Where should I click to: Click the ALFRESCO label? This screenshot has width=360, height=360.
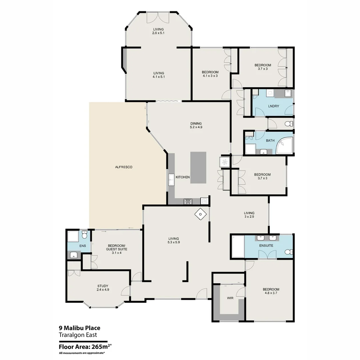pyautogui.click(x=124, y=167)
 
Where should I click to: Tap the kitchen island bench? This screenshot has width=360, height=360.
pyautogui.click(x=198, y=167)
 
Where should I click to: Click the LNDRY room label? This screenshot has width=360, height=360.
pyautogui.click(x=273, y=106)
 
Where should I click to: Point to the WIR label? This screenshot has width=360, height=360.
pyautogui.click(x=230, y=298)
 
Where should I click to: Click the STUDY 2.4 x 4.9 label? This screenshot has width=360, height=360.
pyautogui.click(x=103, y=288)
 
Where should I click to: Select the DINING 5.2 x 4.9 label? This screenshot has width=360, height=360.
pyautogui.click(x=196, y=125)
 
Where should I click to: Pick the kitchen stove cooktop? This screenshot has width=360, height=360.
pyautogui.click(x=188, y=201)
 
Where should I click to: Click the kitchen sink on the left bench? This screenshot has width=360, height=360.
pyautogui.click(x=171, y=179)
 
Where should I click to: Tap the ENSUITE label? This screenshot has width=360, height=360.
pyautogui.click(x=266, y=246)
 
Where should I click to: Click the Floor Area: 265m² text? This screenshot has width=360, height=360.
pyautogui.click(x=85, y=346)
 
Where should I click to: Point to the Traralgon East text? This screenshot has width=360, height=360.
pyautogui.click(x=78, y=335)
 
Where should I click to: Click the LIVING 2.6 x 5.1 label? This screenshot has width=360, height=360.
pyautogui.click(x=159, y=31)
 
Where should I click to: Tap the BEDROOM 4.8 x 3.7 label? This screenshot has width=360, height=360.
pyautogui.click(x=271, y=291)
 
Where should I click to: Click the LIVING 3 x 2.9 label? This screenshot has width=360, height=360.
pyautogui.click(x=249, y=215)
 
